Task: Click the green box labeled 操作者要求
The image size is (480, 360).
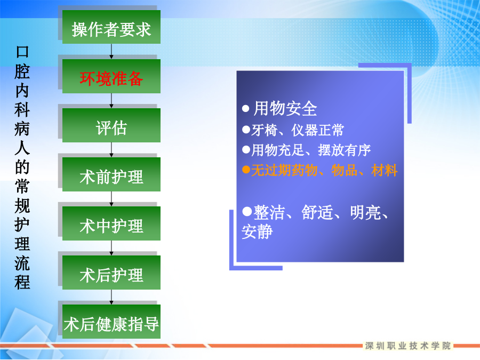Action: [x=111, y=27]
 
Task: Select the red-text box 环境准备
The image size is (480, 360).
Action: [x=111, y=76]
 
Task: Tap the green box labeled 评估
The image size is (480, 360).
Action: [x=111, y=125]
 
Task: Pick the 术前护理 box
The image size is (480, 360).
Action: [x=111, y=174]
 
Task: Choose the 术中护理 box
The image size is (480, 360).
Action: [x=111, y=223]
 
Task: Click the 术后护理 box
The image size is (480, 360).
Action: [x=111, y=273]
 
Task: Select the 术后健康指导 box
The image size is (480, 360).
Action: [x=111, y=322]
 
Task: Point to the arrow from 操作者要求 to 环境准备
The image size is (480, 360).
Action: [x=111, y=51]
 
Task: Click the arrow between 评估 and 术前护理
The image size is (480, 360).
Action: [x=111, y=150]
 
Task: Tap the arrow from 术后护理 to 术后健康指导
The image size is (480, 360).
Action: [x=111, y=297]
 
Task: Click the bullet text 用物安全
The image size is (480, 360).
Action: [x=285, y=109]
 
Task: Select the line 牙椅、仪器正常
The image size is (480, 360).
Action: [x=298, y=130]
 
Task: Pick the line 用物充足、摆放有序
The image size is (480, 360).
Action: [x=311, y=150]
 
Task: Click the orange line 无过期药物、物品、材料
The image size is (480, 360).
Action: [x=324, y=170]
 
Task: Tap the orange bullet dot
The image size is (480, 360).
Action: [x=246, y=169]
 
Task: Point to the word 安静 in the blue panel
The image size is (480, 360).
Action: [x=257, y=231]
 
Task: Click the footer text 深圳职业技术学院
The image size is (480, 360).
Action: [x=408, y=346]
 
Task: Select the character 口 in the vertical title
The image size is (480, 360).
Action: [x=22, y=52]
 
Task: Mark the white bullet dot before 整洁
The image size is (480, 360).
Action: [x=247, y=211]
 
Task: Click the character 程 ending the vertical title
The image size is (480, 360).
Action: [x=22, y=282]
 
